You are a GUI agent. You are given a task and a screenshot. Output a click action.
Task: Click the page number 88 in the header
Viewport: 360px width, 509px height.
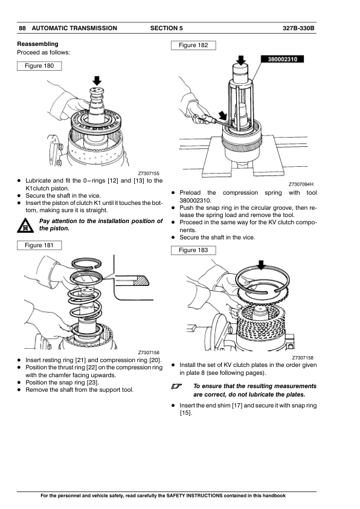tap(22, 28)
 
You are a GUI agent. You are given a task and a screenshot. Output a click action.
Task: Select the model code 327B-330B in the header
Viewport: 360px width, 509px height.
tap(298, 28)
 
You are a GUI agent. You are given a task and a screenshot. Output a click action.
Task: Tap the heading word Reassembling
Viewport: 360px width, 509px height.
tap(37, 44)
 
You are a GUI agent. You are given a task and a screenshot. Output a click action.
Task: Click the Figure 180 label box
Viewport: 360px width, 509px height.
tap(39, 66)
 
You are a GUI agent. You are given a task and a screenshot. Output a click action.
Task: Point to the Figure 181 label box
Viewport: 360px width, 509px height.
tap(39, 245)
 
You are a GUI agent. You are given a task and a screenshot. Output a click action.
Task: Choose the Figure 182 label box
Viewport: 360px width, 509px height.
tap(193, 45)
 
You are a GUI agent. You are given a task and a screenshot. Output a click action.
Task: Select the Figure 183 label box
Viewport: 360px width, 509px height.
tap(193, 250)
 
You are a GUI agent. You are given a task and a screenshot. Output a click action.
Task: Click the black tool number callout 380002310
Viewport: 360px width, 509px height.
tap(282, 59)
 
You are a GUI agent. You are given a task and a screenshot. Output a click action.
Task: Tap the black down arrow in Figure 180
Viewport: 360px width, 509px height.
tap(97, 81)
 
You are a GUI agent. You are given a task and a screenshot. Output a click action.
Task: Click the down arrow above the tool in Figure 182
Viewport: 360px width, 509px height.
tap(240, 60)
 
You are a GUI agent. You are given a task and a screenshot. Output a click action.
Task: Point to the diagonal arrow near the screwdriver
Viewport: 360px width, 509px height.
tap(222, 115)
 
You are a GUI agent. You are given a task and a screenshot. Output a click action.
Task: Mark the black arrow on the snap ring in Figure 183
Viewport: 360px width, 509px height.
tap(261, 265)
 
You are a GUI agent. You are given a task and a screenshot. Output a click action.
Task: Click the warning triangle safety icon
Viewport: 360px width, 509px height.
tap(25, 225)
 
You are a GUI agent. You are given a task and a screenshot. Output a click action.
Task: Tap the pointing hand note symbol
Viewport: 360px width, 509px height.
tap(177, 386)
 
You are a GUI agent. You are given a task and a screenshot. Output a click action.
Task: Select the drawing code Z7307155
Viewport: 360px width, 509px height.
tap(149, 173)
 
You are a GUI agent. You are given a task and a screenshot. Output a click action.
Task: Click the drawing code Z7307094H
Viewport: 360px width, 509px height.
tap(301, 184)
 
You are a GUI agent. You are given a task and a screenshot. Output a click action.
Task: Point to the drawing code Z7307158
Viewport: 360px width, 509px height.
tap(303, 358)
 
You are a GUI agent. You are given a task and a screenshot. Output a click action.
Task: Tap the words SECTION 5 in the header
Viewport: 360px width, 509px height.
tap(166, 28)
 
